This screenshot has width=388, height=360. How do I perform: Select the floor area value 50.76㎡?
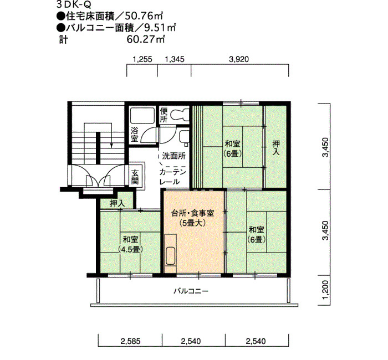(144, 16)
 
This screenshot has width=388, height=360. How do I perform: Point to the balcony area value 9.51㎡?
(160, 28)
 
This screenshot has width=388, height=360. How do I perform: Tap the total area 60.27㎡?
(145, 39)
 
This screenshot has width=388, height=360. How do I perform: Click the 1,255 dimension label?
(142, 59)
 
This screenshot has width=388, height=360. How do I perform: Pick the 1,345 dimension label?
(175, 59)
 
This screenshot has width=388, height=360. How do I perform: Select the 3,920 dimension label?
(239, 59)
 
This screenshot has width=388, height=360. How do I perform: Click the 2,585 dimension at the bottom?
(130, 342)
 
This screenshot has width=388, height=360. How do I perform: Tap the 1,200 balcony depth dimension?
(326, 290)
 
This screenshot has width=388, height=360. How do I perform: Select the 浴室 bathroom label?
(134, 134)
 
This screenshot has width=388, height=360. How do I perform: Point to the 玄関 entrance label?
(135, 177)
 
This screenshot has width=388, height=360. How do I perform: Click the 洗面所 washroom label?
(173, 156)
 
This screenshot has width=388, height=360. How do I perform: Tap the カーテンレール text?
(172, 177)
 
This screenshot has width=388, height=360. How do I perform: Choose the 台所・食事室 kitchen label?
(192, 213)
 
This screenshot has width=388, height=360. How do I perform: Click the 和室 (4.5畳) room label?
(130, 244)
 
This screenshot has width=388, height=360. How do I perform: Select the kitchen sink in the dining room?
(171, 256)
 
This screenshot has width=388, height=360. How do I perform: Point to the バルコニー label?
(191, 291)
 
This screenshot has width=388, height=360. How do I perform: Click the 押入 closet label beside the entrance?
(118, 203)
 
